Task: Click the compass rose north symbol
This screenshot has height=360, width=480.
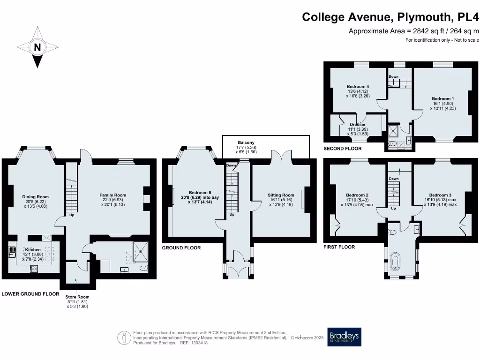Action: coord(37,47)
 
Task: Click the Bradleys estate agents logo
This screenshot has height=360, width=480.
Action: coord(344,337)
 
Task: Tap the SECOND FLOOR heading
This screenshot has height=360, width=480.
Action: coord(342,149)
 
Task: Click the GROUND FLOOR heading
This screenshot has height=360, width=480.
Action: coord(181,247)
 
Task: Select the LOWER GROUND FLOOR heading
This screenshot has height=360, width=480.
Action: coord(30,294)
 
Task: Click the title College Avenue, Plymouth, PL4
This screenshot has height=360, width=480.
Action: coord(390,17)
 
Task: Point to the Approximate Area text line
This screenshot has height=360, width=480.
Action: coord(413,31)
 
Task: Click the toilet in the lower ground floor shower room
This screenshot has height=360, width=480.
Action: coord(143,268)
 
